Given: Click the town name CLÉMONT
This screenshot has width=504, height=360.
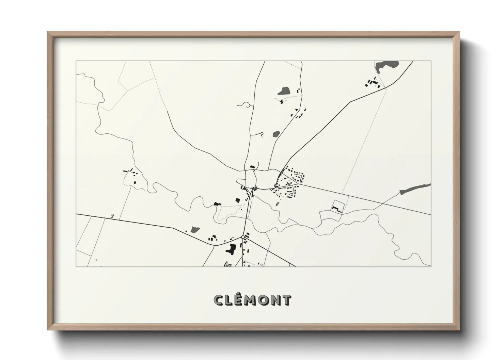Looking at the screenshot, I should pos(252,300).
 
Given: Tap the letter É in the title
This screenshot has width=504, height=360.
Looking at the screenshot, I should pos(239,300).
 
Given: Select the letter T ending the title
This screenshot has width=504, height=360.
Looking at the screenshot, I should pos(287,300).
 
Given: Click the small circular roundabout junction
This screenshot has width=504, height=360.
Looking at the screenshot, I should pos(242,237).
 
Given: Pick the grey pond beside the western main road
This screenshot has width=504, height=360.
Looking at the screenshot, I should pos(194,230).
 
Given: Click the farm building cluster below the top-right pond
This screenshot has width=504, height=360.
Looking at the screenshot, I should pos(372,83).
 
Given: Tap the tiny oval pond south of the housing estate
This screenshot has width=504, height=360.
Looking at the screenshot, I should pos(277,204).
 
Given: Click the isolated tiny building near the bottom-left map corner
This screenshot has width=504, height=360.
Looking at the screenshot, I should pos(96,260).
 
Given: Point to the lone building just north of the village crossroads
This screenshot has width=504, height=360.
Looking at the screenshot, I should pos(252,166).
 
